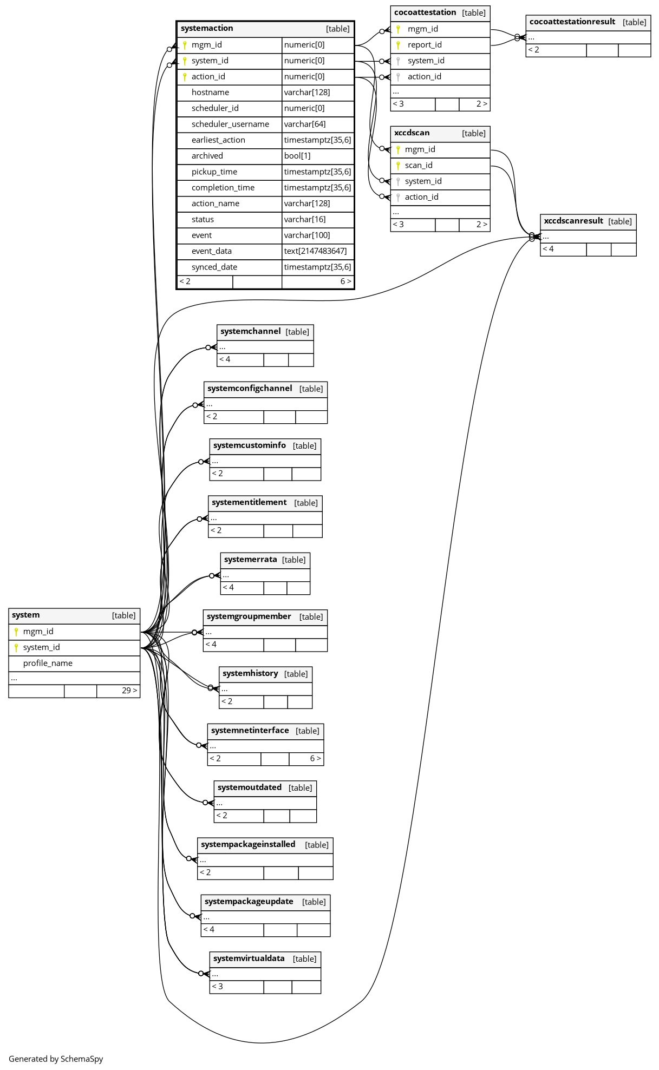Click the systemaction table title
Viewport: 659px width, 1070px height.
point(207,29)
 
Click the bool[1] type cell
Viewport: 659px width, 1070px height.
point(297,156)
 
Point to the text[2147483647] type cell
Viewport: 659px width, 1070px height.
point(315,251)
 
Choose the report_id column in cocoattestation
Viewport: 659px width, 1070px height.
point(425,45)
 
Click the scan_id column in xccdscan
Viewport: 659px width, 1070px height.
point(419,166)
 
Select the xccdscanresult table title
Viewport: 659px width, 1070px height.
point(573,221)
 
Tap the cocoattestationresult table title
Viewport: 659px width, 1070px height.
point(572,22)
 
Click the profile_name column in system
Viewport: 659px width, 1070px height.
point(48,664)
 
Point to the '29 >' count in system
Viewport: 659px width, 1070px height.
point(129,691)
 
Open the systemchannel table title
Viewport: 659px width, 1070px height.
point(251,332)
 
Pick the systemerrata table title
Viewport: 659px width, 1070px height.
point(251,560)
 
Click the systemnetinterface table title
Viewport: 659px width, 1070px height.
point(250,731)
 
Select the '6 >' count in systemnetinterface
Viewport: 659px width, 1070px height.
point(315,759)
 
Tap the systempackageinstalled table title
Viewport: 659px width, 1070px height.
point(248,845)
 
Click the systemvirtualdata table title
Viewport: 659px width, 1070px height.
point(249,959)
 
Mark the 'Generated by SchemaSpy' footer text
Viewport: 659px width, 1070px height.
point(56,1059)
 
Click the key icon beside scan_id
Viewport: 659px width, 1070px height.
point(398,166)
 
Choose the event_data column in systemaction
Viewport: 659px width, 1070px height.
point(212,251)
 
